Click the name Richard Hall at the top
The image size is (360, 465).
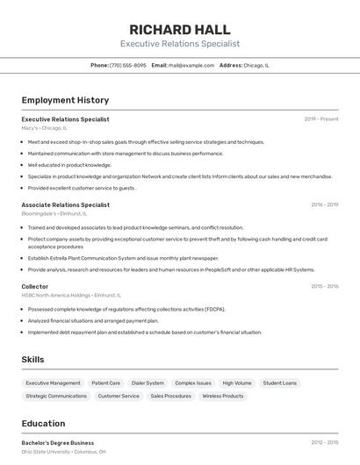point(179,28)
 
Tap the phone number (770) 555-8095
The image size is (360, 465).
point(128,65)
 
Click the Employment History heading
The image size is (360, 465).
point(65,100)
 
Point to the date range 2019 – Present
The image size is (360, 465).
point(321,118)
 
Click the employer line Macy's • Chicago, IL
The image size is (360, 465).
point(44,127)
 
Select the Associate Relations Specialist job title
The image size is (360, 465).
point(66,204)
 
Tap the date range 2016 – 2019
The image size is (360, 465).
point(324,204)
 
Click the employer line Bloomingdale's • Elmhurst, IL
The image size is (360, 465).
point(54,213)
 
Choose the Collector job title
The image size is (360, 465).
point(35,286)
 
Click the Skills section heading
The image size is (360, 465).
point(33,360)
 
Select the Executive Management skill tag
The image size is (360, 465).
point(53,383)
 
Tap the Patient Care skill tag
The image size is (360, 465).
point(106,383)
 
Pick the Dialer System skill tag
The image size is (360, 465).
point(148,383)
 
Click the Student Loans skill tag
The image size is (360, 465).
point(280,383)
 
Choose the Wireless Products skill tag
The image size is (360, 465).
point(223,396)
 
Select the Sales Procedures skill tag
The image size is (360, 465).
point(170,396)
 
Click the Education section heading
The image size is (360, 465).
point(43,423)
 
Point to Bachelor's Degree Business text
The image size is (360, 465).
point(58,443)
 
